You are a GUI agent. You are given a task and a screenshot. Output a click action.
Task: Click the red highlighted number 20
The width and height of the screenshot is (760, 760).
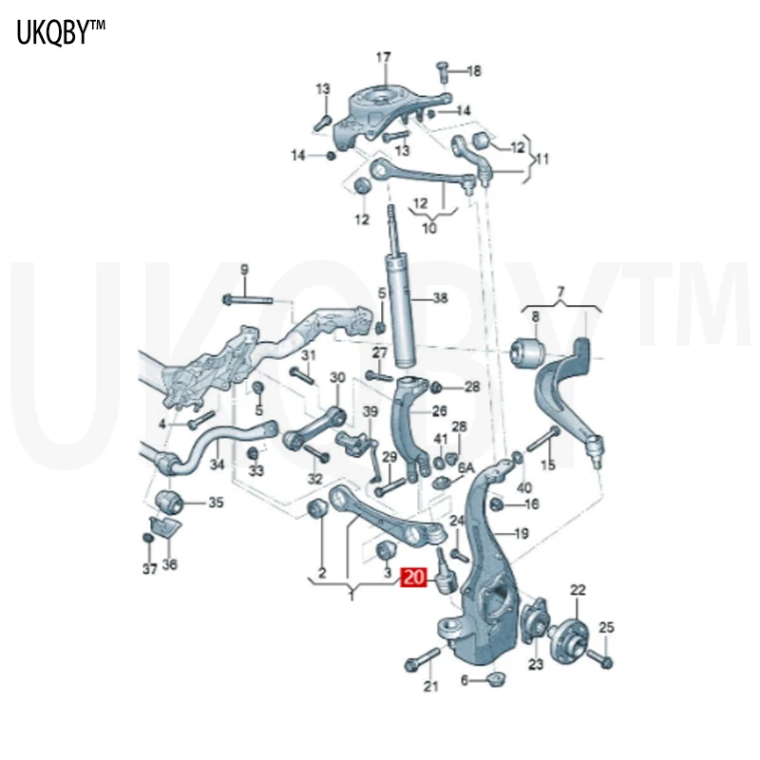pos(414,578)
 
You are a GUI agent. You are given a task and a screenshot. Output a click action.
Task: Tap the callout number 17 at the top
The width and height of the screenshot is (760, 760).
pos(383,58)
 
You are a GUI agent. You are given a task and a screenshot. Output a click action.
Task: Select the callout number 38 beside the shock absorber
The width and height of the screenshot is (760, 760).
pos(439,298)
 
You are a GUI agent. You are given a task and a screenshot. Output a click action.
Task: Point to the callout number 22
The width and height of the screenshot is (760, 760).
pos(579,591)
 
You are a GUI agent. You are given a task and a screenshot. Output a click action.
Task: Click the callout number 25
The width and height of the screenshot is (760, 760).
pos(607,627)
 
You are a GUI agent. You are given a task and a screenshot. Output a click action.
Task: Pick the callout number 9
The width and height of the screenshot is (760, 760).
pos(243,270)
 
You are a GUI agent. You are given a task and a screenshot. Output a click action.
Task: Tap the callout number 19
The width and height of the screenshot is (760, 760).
pos(521,534)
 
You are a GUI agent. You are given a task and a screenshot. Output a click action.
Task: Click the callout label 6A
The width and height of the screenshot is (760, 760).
pos(465,467)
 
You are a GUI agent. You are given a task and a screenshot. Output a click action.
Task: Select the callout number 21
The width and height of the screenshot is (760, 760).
pos(431,687)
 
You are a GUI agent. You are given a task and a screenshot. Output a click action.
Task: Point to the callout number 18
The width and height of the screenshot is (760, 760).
pos(474,70)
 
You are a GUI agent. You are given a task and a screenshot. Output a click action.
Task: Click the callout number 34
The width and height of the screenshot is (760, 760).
pos(218,465)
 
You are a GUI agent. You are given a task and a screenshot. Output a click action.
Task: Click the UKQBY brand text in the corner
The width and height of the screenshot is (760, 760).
pos(60,34)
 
